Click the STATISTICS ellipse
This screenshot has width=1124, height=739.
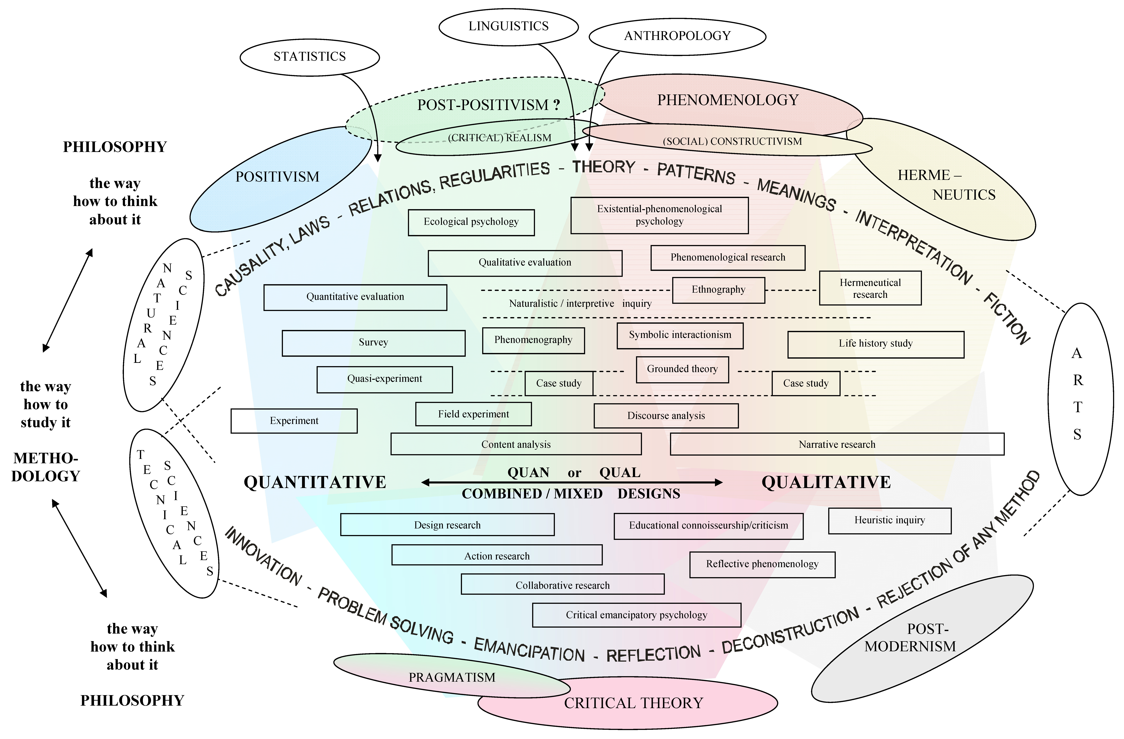[x=310, y=57]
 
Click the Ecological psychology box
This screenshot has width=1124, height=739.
[x=471, y=222]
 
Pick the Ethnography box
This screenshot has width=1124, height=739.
[x=718, y=290]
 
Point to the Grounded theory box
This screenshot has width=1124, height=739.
[x=682, y=369]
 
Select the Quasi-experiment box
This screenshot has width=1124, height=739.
[x=384, y=379]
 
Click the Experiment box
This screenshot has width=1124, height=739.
[x=294, y=421]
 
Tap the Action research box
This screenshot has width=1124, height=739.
[x=497, y=555]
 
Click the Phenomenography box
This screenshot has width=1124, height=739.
[x=533, y=340]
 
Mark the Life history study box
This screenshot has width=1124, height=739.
[x=876, y=344]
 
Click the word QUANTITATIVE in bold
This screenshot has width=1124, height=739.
[x=315, y=482]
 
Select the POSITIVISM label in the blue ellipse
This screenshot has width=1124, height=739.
[x=278, y=177]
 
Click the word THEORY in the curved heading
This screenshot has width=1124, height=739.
[x=604, y=167]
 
